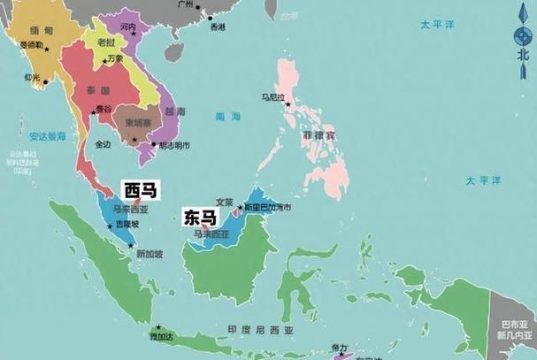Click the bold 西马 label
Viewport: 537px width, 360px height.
140,190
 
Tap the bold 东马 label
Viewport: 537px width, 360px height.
198,215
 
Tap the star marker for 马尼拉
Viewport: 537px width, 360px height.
288,105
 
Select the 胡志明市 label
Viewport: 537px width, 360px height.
175,145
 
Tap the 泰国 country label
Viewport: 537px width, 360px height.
98,91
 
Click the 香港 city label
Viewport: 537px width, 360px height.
218,27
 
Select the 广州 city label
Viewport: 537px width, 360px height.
185,5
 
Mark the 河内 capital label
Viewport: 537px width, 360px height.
127,28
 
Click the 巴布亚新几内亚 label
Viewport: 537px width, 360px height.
513,330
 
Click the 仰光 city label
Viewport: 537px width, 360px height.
33,77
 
